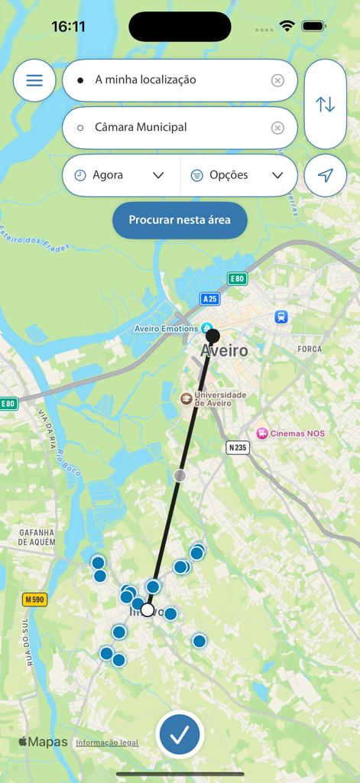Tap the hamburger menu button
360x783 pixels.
(x=34, y=80)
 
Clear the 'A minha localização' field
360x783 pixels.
(x=277, y=80)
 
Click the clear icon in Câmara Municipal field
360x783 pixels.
(x=277, y=128)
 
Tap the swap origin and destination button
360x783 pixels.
(x=326, y=104)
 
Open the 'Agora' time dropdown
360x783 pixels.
(x=121, y=175)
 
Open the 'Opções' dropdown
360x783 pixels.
(x=238, y=175)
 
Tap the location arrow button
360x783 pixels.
(x=326, y=175)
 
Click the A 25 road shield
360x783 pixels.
(x=210, y=298)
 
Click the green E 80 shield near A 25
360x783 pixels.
(x=237, y=279)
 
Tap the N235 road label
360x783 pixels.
(x=238, y=447)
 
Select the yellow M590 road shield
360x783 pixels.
(x=34, y=599)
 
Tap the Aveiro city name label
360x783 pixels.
(x=224, y=351)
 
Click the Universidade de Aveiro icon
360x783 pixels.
(x=186, y=398)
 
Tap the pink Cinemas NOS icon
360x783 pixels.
(x=262, y=434)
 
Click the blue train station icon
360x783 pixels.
(x=281, y=317)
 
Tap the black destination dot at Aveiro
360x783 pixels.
(x=213, y=336)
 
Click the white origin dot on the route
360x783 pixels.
(x=148, y=609)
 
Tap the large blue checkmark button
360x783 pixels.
(x=180, y=735)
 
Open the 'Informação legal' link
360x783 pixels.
(x=107, y=742)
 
